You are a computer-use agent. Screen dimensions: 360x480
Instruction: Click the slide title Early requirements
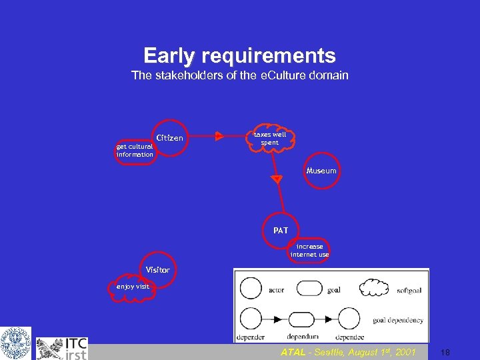(x=239, y=55)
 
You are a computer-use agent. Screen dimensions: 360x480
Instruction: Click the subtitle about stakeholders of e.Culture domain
(x=239, y=75)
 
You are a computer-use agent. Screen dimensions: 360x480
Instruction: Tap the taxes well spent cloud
(x=270, y=138)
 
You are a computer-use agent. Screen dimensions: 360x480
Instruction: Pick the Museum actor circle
(x=321, y=171)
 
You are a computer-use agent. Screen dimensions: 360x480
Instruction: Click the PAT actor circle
(x=281, y=230)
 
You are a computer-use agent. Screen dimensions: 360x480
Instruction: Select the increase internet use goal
(x=309, y=251)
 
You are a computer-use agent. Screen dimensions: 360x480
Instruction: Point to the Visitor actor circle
(x=158, y=270)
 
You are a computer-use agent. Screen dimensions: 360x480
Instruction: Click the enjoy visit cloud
(x=133, y=287)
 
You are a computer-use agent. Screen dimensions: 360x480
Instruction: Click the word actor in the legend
(x=276, y=290)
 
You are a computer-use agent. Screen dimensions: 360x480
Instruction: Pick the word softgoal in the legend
(x=408, y=290)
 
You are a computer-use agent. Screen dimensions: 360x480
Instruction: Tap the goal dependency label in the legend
(x=397, y=320)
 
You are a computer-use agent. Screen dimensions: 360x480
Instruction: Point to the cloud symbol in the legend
(x=374, y=288)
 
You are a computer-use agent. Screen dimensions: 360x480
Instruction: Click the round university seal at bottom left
(x=15, y=343)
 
